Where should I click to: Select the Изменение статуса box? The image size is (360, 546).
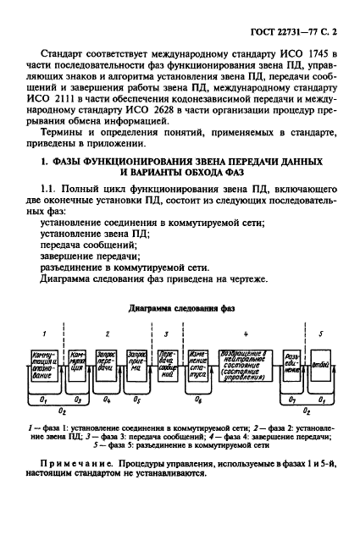(202, 366)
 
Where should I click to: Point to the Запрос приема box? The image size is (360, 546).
(136, 366)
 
